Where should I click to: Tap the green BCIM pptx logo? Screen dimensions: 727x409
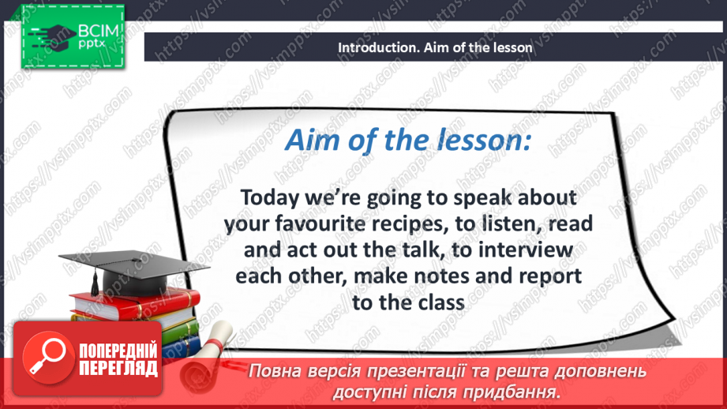73,37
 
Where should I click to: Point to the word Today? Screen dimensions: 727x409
270,198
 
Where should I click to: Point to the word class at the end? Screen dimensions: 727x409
441,303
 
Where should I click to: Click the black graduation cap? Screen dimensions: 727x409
134,270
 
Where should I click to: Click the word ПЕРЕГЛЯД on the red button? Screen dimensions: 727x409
118,369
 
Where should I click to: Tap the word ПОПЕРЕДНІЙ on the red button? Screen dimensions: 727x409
118,351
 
